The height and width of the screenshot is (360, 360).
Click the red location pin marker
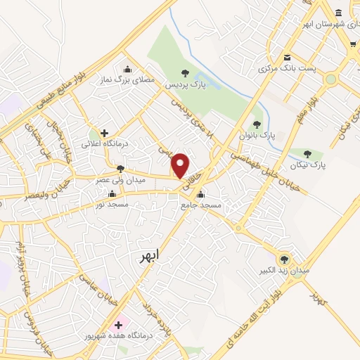coord(181,165)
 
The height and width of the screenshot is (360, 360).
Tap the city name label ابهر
coord(149,255)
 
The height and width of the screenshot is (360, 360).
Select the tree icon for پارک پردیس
coord(185,72)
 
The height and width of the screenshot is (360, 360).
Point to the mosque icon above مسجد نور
coord(112,193)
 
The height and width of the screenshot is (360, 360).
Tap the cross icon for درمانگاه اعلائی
coord(104,132)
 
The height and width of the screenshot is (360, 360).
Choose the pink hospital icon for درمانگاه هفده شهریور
coord(118,324)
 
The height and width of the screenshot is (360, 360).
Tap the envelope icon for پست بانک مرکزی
coord(286,58)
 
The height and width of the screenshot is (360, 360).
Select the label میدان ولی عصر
coord(121,180)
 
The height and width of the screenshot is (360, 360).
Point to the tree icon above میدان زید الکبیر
coord(284,259)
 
